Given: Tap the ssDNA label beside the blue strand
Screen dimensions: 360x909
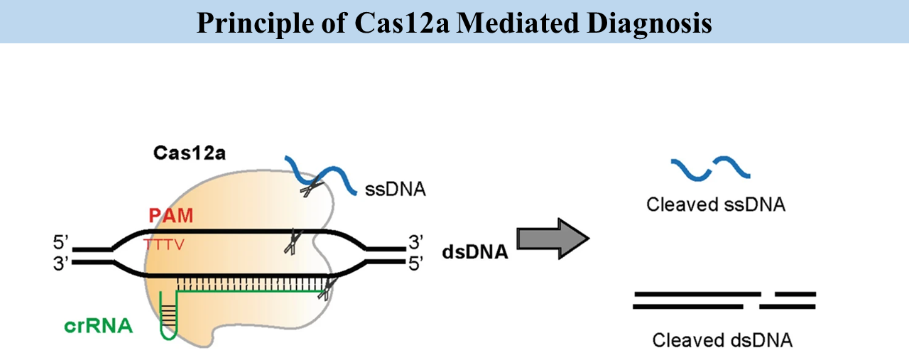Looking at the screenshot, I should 395,190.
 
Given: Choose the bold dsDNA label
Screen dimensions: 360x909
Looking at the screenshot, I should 475,251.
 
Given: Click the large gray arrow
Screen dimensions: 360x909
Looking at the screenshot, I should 553,239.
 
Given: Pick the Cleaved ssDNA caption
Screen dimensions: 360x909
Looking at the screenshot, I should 715,205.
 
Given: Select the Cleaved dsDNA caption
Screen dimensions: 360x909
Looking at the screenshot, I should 722,340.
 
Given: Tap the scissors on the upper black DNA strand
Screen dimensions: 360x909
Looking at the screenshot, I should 290,241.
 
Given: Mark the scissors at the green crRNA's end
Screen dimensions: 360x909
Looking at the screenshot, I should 326,288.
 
